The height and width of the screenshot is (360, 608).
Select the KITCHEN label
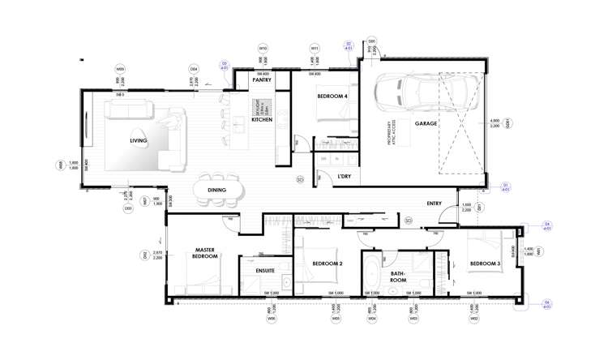tap(262, 120)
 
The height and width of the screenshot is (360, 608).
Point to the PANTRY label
tap(261, 80)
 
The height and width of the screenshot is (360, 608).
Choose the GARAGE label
tap(426, 124)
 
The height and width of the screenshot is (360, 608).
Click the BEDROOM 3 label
tap(485, 264)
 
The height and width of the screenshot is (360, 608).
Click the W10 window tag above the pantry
tap(263, 48)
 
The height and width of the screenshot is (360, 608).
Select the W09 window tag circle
tap(120, 69)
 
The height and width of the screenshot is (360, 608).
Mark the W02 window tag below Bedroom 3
tap(473, 319)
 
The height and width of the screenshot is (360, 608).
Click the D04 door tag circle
tap(194, 69)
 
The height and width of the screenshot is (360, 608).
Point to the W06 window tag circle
tap(272, 319)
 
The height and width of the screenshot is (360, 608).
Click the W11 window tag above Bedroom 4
tap(314, 48)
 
